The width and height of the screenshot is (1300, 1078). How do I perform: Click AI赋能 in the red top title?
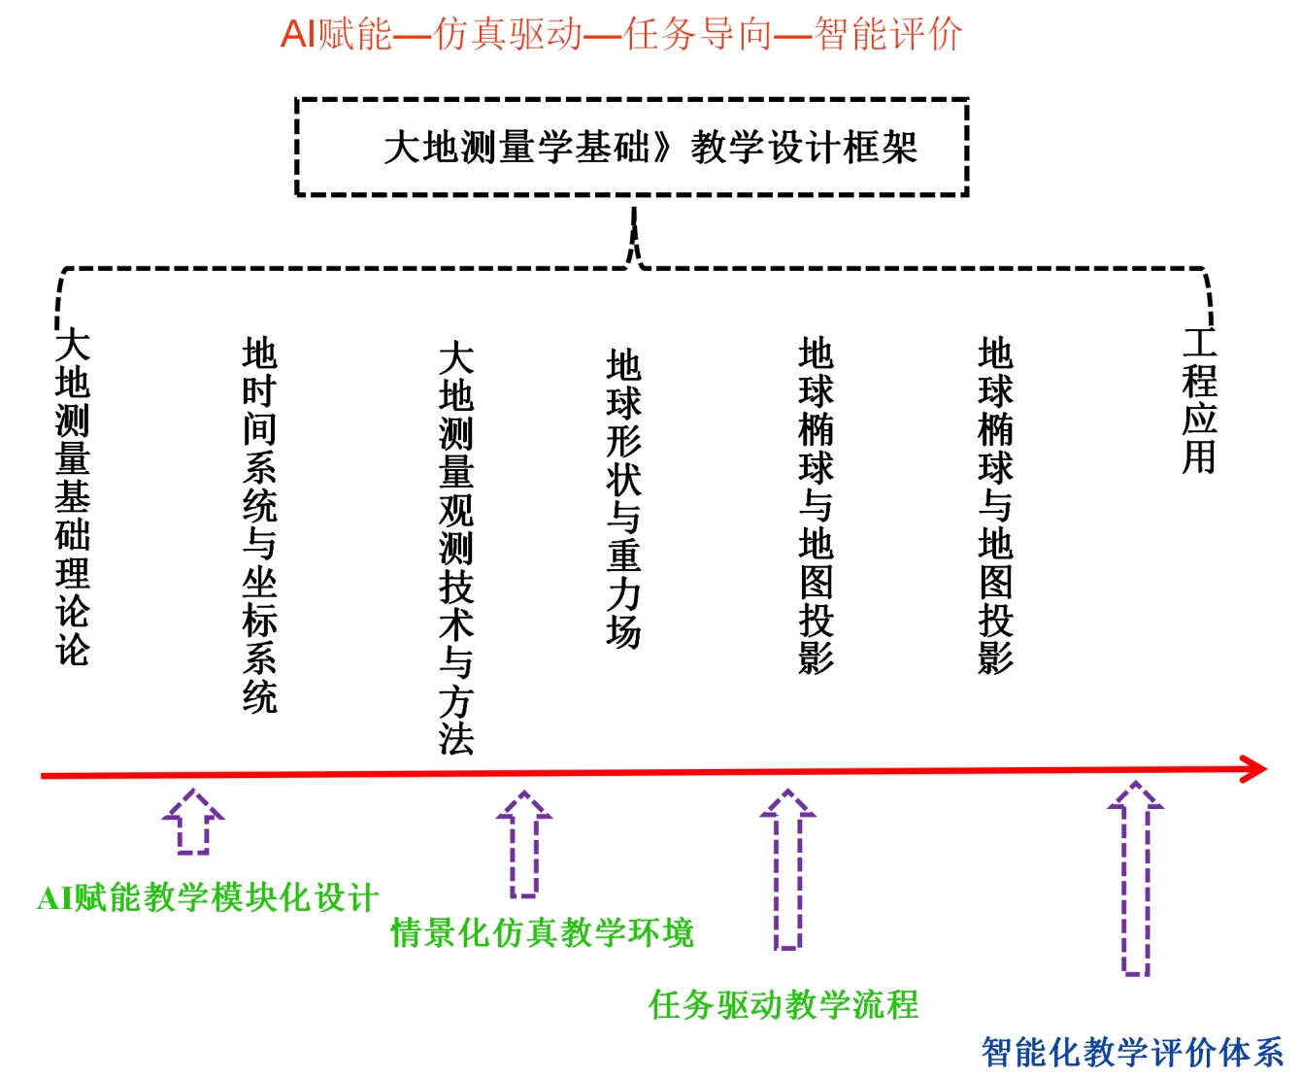tap(336, 34)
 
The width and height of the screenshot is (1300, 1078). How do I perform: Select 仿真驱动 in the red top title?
tap(508, 34)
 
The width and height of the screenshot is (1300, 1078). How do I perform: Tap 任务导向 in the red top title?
tap(698, 34)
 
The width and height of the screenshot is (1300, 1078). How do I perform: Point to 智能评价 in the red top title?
tap(888, 34)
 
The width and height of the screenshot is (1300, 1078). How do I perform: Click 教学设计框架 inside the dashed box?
tap(804, 148)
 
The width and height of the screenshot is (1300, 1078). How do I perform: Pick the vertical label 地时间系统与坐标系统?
tap(259, 525)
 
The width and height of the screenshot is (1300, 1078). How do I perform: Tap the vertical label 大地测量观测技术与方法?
tap(456, 549)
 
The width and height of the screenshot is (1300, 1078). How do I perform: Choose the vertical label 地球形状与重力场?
tap(623, 498)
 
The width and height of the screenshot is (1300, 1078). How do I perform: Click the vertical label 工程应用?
tap(1199, 400)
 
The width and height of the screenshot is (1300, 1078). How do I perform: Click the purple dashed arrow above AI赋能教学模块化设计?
tap(193, 822)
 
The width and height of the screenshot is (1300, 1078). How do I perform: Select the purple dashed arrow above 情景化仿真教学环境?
tap(524, 843)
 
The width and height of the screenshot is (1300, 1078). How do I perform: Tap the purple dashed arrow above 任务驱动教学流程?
tap(787, 868)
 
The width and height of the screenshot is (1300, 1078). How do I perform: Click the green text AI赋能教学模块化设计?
tap(207, 897)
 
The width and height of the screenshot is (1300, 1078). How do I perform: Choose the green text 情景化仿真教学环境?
tap(542, 932)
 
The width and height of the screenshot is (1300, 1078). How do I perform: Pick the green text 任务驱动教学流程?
tap(783, 1004)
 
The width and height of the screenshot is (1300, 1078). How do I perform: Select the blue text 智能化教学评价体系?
tap(1132, 1052)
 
